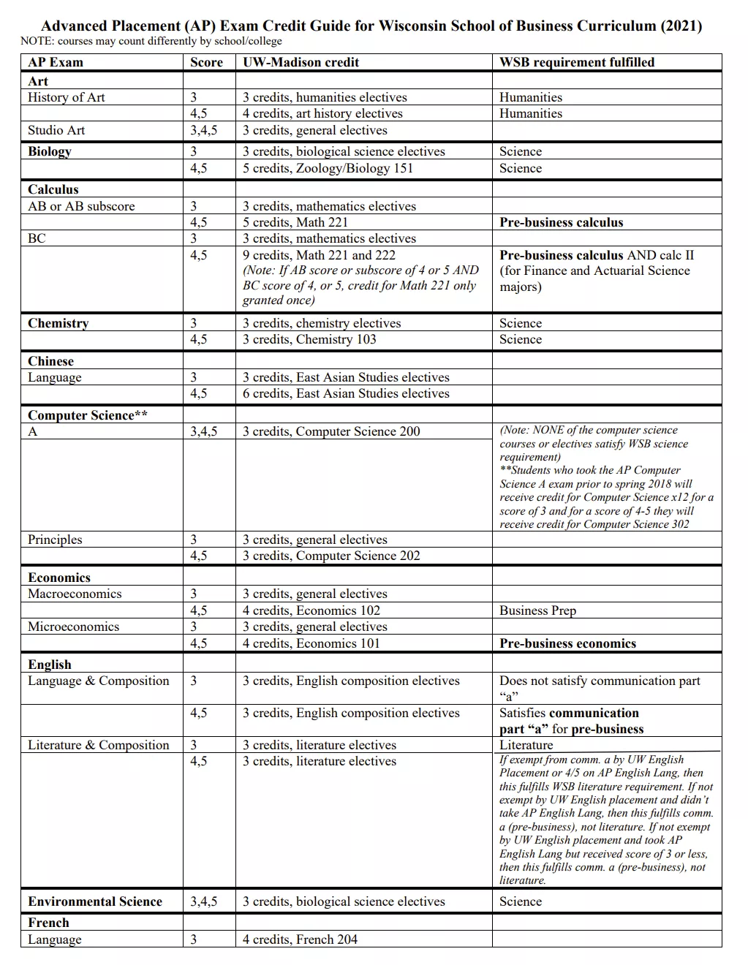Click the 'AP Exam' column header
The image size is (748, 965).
(56, 62)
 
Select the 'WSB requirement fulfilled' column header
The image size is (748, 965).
(577, 62)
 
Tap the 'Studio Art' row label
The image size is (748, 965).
(56, 130)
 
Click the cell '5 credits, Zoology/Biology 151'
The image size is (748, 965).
(328, 168)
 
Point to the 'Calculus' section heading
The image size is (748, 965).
(53, 189)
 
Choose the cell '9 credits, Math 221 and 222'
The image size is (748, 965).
(319, 255)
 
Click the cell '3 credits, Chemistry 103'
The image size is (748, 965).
(309, 339)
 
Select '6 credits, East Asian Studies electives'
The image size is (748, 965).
(346, 393)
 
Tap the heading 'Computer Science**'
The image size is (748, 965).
(88, 415)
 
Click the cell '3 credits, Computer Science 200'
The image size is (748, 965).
(331, 431)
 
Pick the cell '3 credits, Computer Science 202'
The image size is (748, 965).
(331, 556)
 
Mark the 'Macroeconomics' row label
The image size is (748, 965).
(75, 594)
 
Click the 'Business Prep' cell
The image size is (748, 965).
(537, 610)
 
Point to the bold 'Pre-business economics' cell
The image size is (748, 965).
(567, 643)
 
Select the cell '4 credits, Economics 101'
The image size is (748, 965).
(311, 643)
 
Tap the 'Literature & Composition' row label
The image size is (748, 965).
(99, 745)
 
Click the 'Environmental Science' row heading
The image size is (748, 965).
(95, 901)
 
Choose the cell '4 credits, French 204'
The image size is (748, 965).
(300, 939)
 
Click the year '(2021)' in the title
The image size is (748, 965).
(681, 26)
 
